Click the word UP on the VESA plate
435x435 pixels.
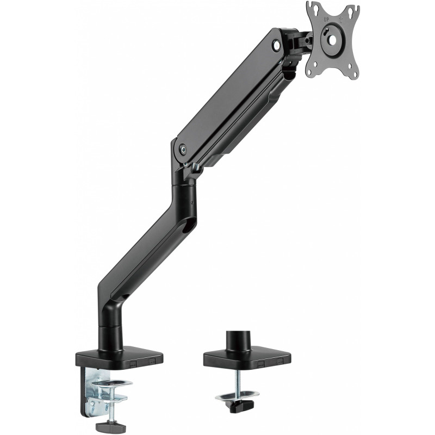tap(326, 20)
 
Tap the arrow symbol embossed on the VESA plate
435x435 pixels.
tap(341, 20)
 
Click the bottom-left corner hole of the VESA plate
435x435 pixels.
tap(315, 65)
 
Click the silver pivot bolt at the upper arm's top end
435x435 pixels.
tap(277, 45)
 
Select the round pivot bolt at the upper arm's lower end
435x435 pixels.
tap(183, 149)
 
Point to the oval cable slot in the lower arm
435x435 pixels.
tap(189, 224)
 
